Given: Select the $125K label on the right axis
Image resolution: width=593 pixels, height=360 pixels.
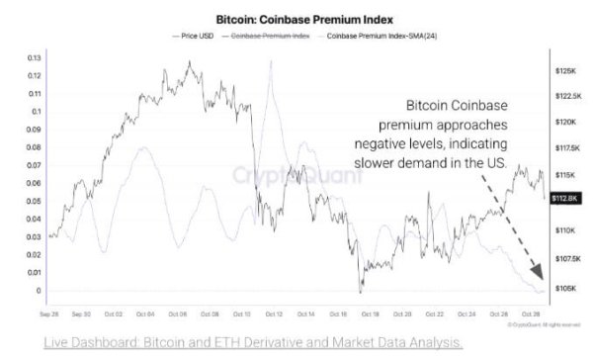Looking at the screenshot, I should [x=566, y=71].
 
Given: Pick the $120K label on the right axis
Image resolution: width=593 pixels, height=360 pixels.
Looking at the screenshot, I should [x=566, y=123].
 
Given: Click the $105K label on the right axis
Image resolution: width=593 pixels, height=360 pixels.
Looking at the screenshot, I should [x=566, y=289].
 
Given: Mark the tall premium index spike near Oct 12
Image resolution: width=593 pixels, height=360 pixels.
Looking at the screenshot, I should [x=269, y=63].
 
